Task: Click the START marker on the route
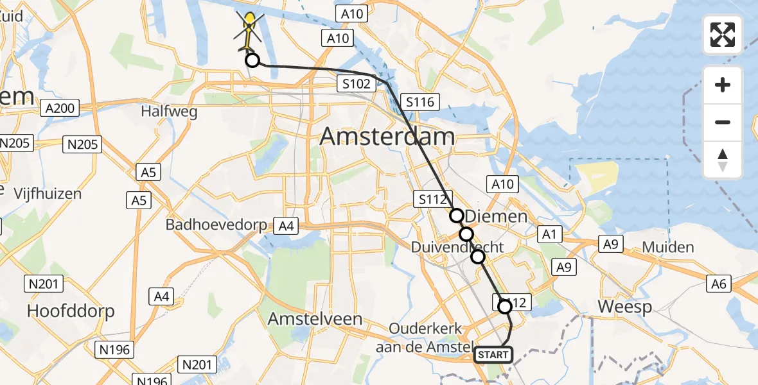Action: [493, 355]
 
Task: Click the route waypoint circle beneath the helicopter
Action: [252, 61]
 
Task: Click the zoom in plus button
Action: [723, 85]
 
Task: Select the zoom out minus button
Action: [723, 122]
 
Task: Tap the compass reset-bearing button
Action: [723, 160]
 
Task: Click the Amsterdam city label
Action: [387, 137]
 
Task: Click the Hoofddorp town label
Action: [71, 312]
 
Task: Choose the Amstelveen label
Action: [315, 319]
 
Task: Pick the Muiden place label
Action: [669, 248]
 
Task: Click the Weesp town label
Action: [624, 307]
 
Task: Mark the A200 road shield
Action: [61, 108]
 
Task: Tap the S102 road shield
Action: [356, 83]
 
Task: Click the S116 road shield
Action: [419, 101]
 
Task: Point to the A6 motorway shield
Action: [719, 283]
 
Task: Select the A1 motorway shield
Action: [548, 235]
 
